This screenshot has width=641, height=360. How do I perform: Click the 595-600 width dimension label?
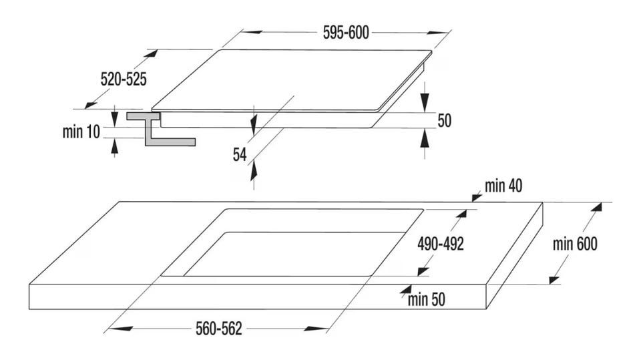(x=346, y=33)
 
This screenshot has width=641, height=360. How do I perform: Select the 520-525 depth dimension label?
(x=124, y=79)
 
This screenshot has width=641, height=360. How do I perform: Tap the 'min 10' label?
(x=81, y=132)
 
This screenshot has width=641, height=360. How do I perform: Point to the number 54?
(x=240, y=155)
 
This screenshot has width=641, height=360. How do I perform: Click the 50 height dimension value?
(x=445, y=121)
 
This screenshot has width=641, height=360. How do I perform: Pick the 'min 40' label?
(x=503, y=186)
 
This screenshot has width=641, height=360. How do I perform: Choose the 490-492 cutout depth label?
(x=441, y=244)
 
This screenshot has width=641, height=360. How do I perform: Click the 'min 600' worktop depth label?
(x=575, y=244)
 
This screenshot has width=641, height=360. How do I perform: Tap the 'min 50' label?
(x=427, y=299)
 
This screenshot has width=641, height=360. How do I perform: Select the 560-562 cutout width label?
(x=219, y=329)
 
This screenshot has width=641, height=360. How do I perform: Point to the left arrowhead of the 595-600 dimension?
(x=252, y=32)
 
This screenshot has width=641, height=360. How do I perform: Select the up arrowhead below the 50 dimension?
(x=425, y=138)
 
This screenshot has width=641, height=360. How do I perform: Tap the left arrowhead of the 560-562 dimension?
(x=121, y=328)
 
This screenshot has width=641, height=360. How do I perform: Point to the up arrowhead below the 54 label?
(x=254, y=170)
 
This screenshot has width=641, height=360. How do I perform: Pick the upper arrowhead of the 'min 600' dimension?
(x=597, y=208)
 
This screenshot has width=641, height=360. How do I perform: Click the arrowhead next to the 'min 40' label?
(x=477, y=197)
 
